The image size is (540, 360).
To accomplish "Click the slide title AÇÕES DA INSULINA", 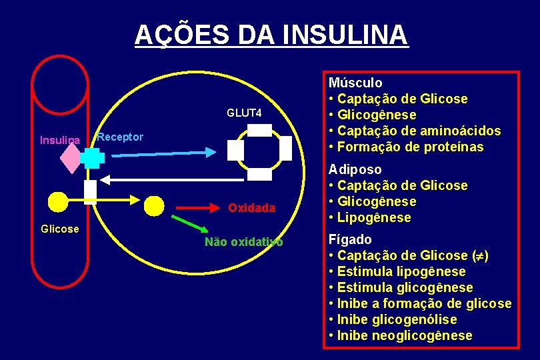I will pyautogui.click(x=270, y=34).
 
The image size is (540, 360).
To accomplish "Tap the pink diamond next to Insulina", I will pyautogui.click(x=71, y=158).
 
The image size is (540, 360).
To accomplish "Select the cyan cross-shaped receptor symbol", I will pyautogui.click(x=91, y=157).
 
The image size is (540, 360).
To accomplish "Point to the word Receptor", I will pyautogui.click(x=120, y=137).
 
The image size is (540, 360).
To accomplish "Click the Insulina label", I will pyautogui.click(x=60, y=140).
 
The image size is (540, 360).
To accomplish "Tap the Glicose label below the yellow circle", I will pyautogui.click(x=60, y=229).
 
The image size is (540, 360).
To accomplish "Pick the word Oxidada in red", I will pyautogui.click(x=251, y=208).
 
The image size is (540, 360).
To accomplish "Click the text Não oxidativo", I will pyautogui.click(x=243, y=242).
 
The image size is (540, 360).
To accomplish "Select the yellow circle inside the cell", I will pyautogui.click(x=155, y=206).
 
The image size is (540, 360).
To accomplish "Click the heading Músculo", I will pyautogui.click(x=355, y=83).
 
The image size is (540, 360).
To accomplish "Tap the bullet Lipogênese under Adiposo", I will pyautogui.click(x=374, y=217).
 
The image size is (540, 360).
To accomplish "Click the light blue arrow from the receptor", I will pyautogui.click(x=160, y=154).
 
